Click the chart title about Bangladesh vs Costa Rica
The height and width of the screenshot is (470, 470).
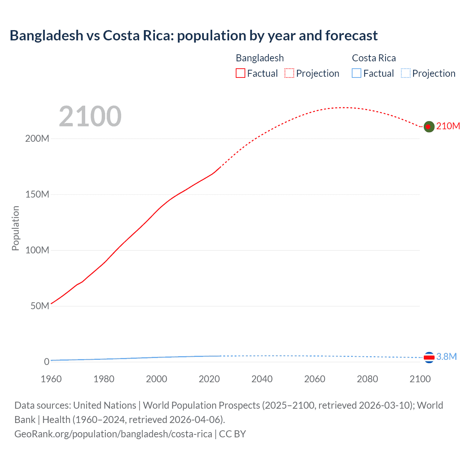coord(194,36)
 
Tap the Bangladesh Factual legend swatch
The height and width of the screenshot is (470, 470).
coord(240,73)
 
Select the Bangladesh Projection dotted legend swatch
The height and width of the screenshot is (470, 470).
coord(289,73)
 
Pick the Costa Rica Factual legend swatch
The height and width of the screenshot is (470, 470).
coord(357,73)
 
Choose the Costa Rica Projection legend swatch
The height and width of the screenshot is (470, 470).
coord(406,73)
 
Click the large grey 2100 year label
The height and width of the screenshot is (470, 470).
coord(90,116)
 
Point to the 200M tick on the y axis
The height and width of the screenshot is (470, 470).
coord(37,139)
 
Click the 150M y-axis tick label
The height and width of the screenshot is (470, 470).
coord(37,195)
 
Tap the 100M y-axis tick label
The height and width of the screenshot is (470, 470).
coord(37,250)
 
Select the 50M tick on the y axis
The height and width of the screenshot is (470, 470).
coord(40,306)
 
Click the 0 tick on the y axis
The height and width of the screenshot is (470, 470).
coord(47,362)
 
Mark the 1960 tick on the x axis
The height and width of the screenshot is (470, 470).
coord(51,379)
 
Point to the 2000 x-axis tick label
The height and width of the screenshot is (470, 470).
coord(156,379)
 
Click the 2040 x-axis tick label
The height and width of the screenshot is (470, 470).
coord(262,379)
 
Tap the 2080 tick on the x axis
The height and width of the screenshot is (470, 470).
coord(367,379)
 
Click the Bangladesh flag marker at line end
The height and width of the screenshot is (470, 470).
coord(429,127)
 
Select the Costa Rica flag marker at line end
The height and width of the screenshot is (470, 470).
coord(429,357)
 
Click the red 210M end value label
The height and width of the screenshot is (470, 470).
coord(448,126)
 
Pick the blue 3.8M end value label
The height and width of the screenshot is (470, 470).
coord(446,357)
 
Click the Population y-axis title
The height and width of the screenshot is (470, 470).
coord(15,228)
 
